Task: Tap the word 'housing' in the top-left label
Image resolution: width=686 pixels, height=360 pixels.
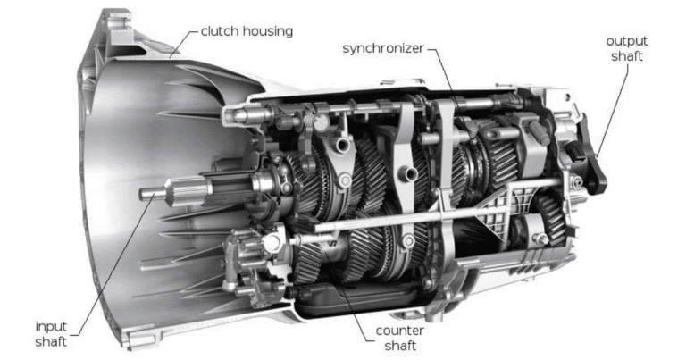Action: click(268, 31)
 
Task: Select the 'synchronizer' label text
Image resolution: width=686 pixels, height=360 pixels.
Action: click(382, 47)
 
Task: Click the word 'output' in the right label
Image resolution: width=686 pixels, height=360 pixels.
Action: click(626, 41)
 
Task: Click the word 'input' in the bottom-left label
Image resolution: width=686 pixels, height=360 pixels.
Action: click(50, 325)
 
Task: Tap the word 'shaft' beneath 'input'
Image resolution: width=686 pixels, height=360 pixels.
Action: click(50, 340)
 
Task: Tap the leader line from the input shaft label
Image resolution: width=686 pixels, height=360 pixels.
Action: click(107, 259)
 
